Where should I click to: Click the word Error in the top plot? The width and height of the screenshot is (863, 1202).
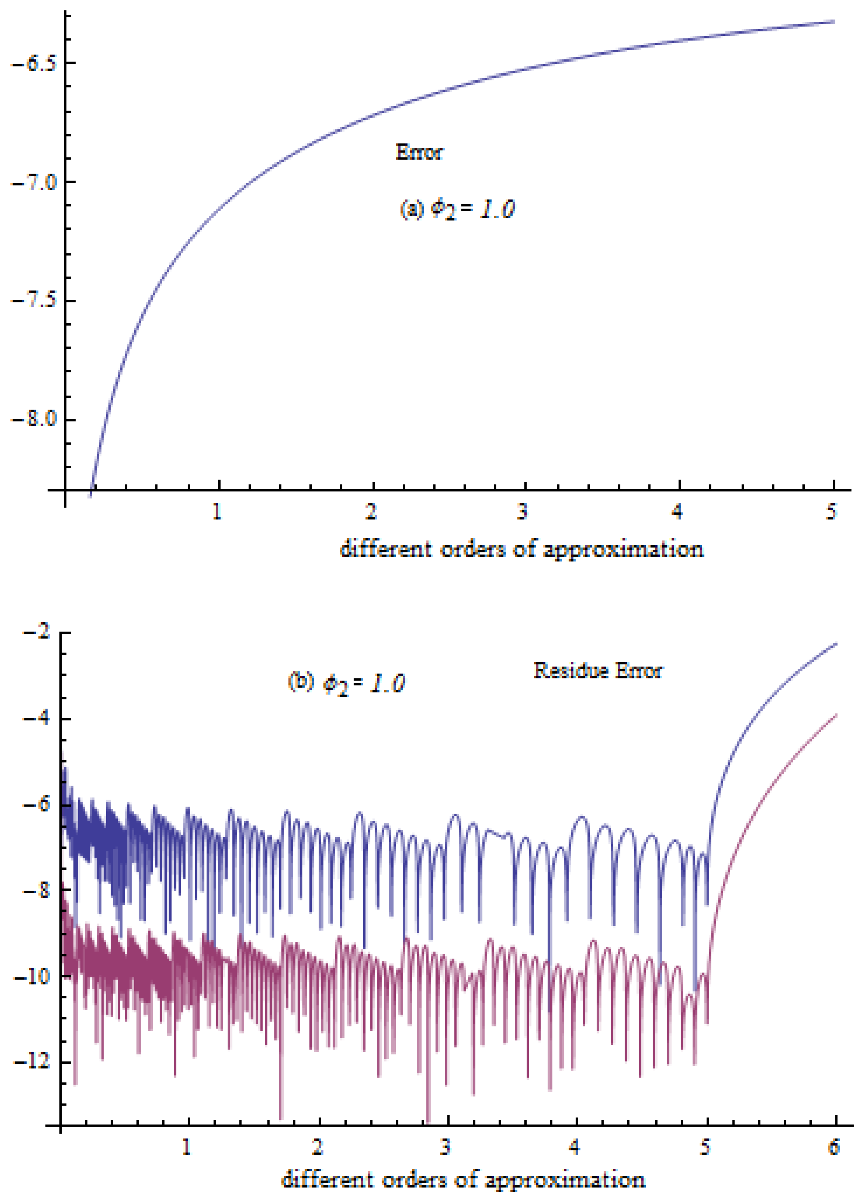point(419,152)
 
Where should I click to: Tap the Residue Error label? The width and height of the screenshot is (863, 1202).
point(597,671)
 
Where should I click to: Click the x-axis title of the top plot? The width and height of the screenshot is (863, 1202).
point(522,549)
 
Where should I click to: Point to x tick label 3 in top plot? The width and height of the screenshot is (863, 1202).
point(523,512)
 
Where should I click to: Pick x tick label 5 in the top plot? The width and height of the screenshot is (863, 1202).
point(831,512)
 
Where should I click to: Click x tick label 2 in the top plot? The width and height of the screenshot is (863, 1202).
point(371,512)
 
